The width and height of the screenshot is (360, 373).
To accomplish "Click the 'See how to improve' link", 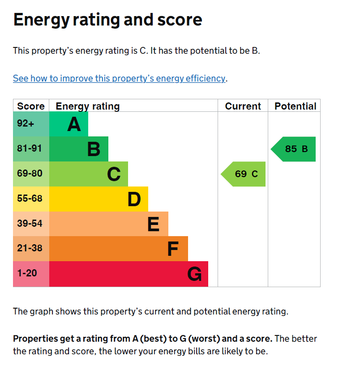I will [x=119, y=78].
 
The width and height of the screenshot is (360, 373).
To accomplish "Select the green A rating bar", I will [x=68, y=124].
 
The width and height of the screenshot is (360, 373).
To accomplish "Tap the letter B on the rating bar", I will [x=94, y=149].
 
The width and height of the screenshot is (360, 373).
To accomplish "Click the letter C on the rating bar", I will [x=114, y=174].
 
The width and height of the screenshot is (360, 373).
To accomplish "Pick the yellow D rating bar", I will [x=99, y=199].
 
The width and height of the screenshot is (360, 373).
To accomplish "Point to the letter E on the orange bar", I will [x=153, y=224].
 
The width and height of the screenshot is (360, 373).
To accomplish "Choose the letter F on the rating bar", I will [x=173, y=249].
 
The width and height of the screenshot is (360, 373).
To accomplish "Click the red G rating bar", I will [x=129, y=274].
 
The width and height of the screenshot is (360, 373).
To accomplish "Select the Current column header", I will [x=243, y=106].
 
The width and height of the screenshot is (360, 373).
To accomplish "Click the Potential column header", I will [x=295, y=106].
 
